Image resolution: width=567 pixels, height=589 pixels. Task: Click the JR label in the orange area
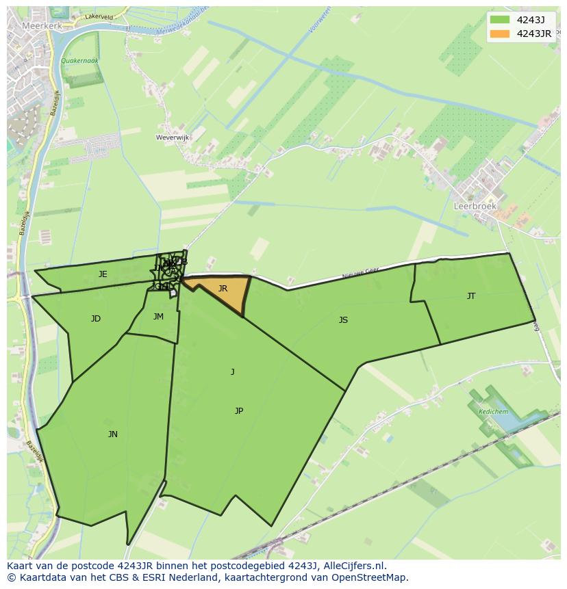(x=223, y=289)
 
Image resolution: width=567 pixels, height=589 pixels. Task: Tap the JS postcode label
(x=343, y=319)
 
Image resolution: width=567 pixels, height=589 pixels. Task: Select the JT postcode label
(x=471, y=296)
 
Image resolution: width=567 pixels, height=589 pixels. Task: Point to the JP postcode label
(x=239, y=411)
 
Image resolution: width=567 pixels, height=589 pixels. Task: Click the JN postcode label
(x=113, y=434)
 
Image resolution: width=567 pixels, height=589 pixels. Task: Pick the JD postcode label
(x=96, y=319)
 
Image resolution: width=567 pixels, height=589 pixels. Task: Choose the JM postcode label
(x=158, y=317)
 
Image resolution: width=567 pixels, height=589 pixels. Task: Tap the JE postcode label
(x=103, y=274)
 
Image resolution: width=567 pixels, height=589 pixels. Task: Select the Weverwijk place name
(x=173, y=138)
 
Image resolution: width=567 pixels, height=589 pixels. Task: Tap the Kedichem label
(x=493, y=412)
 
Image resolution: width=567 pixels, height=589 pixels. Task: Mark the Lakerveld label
(x=99, y=16)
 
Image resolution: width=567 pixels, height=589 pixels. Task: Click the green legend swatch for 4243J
(x=500, y=20)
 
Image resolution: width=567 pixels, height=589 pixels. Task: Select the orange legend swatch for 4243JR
(x=500, y=34)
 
